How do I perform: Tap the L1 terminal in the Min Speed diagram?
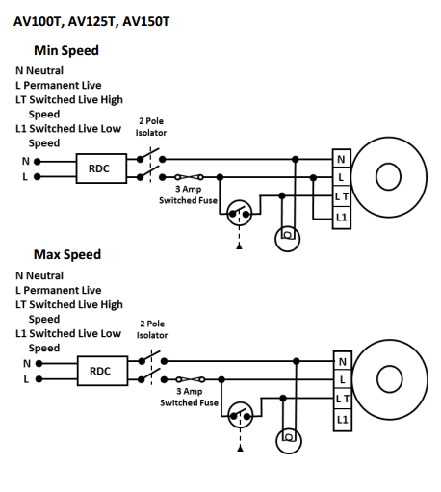(x=342, y=218)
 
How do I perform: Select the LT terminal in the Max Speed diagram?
(x=343, y=399)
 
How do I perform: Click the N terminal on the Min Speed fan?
(x=342, y=159)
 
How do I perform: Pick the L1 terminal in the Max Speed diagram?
(x=343, y=420)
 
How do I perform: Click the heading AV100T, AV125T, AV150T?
(x=91, y=22)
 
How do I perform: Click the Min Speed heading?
(x=66, y=51)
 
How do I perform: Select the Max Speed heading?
(x=67, y=254)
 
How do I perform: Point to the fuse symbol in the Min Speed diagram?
(x=190, y=177)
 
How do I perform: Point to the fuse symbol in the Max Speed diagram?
(x=191, y=379)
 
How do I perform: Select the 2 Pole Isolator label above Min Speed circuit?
(x=151, y=127)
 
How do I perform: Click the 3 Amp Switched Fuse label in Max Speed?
(x=189, y=397)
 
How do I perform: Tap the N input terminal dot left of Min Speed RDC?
(x=38, y=162)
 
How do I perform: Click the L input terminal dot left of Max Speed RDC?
(x=39, y=379)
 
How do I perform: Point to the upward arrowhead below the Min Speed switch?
(x=239, y=246)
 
